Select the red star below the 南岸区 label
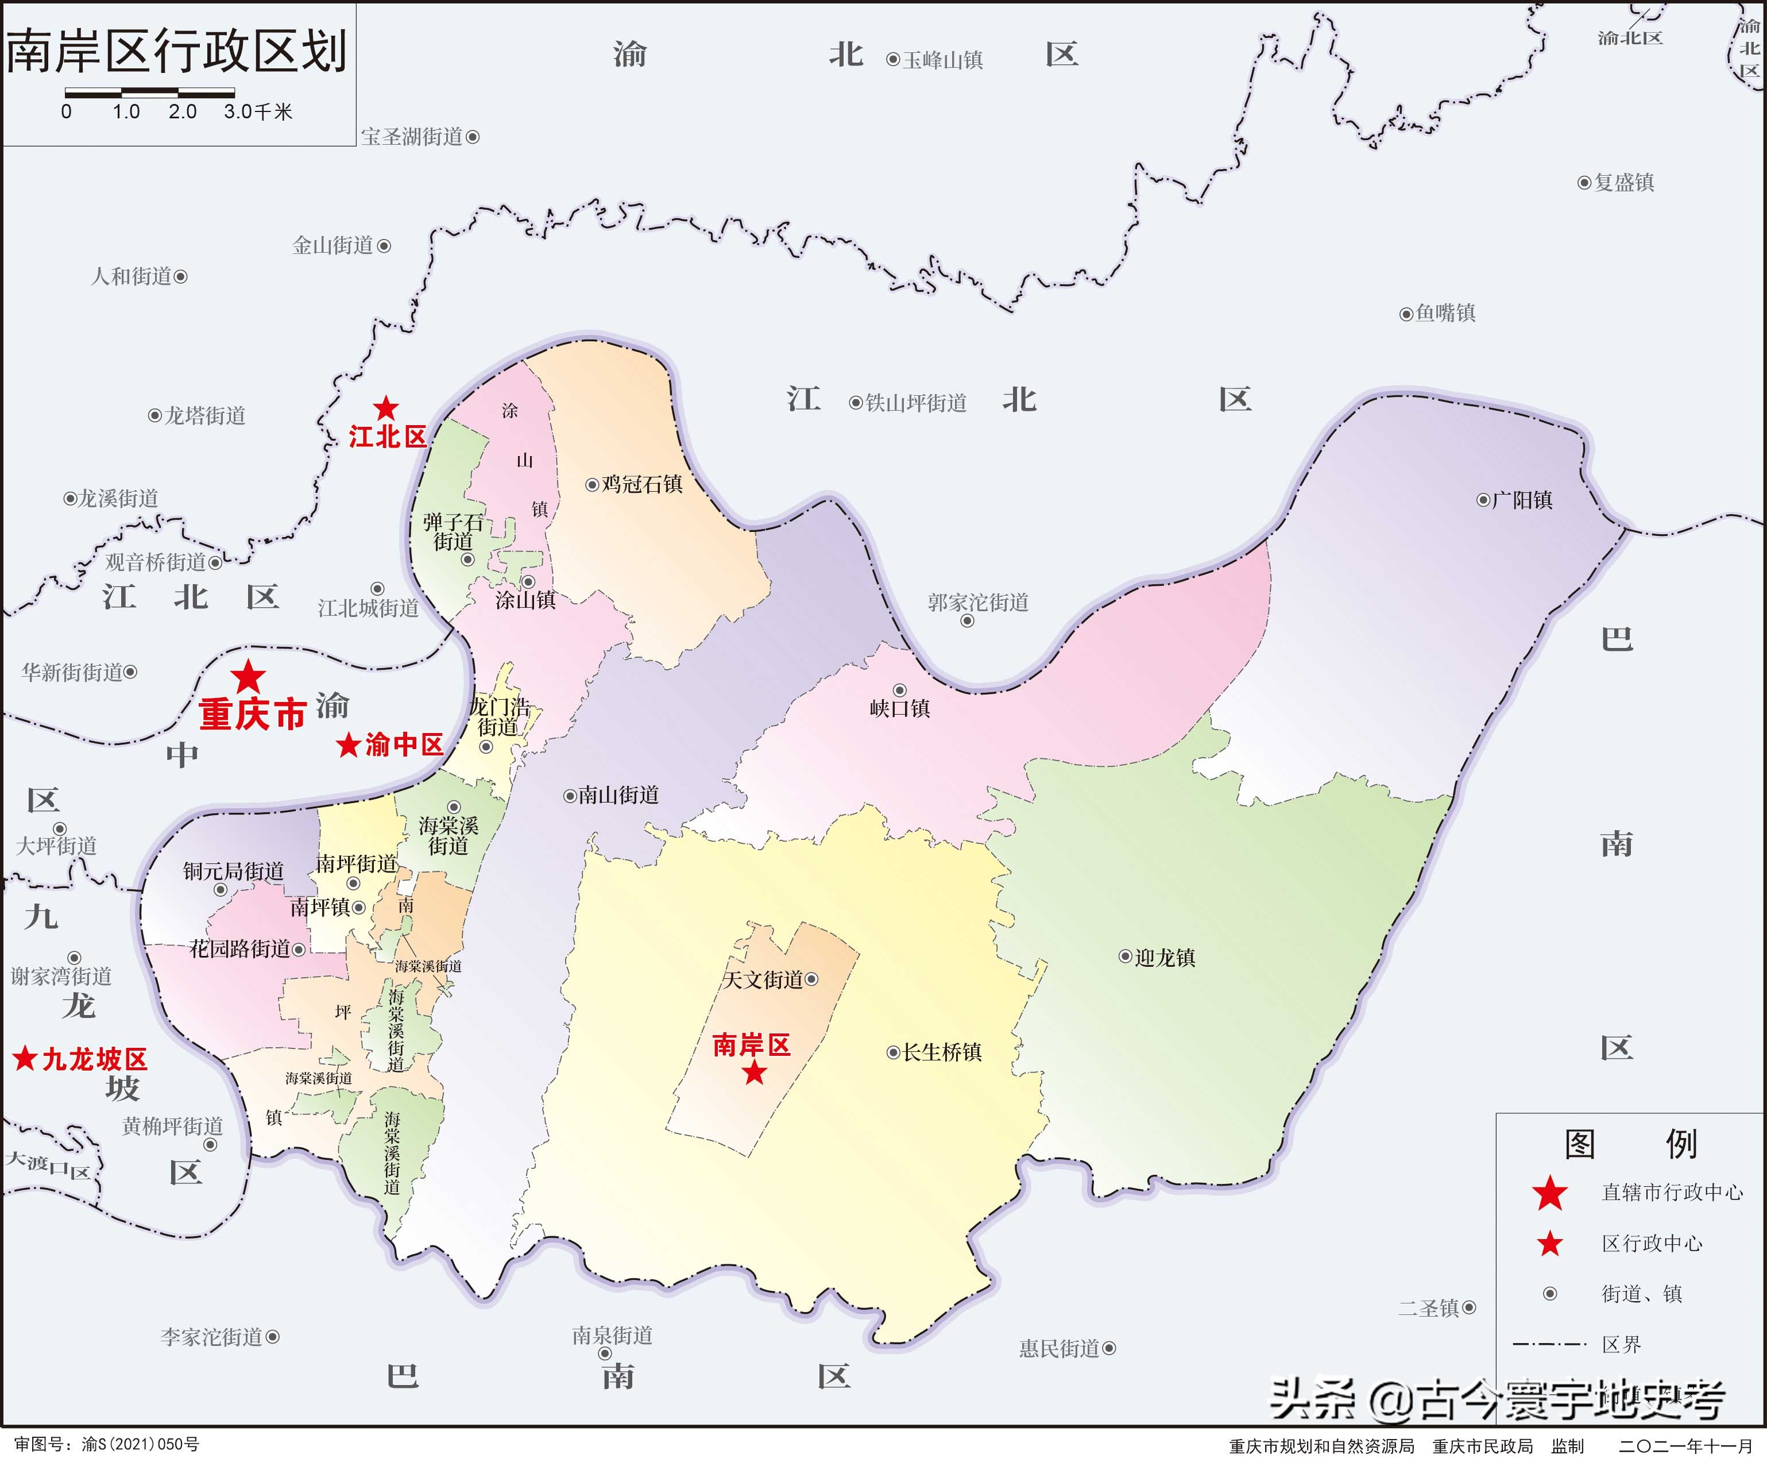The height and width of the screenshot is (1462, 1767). (754, 1073)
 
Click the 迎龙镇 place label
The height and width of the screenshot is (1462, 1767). (1165, 958)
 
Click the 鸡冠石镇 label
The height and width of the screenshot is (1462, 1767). (642, 484)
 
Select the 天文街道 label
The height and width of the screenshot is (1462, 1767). (763, 979)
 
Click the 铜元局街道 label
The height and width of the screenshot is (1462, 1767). (233, 871)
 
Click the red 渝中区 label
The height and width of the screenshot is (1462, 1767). (404, 744)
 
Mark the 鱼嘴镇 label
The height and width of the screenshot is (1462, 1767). (1445, 313)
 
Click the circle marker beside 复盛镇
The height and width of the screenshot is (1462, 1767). (1584, 183)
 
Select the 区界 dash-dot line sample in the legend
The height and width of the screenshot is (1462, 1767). (1549, 1344)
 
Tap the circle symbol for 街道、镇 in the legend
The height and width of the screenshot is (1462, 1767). (1550, 1294)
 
